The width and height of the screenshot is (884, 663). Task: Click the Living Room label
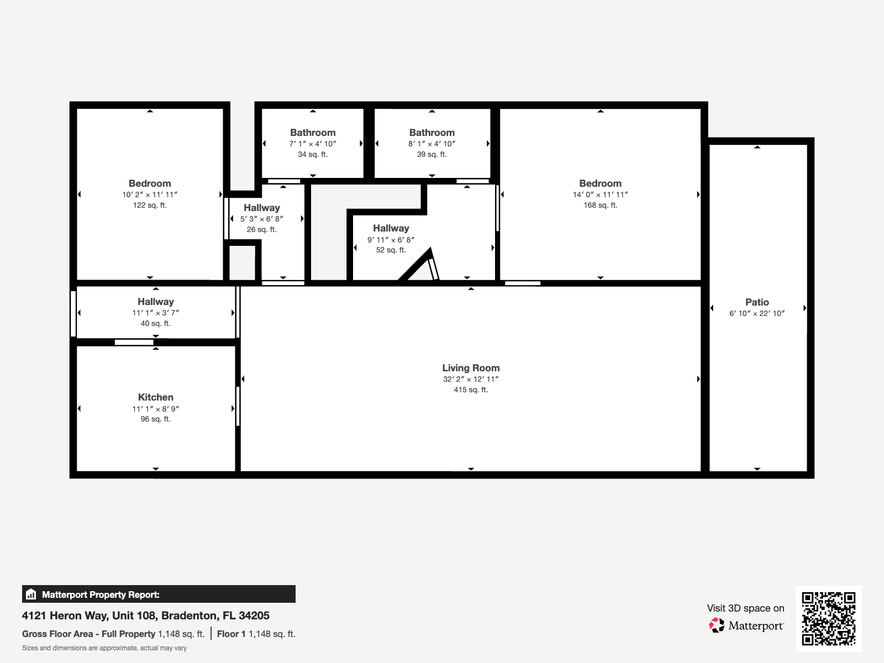[471, 368]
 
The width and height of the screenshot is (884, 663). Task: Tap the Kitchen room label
[156, 397]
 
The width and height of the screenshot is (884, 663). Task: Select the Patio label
[757, 302]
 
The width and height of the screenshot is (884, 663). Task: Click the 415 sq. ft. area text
[471, 390]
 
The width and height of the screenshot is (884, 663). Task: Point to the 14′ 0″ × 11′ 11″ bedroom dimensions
[600, 194]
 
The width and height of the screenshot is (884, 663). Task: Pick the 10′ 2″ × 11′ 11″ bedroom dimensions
[150, 194]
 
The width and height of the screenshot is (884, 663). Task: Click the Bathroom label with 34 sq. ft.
[313, 133]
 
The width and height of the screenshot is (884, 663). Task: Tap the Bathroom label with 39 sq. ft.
[432, 133]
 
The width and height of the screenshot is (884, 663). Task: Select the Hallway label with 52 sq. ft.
[391, 228]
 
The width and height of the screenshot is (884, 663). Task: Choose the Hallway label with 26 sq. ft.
[262, 208]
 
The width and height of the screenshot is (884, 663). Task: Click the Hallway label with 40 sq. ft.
[156, 302]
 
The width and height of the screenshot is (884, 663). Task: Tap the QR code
[828, 618]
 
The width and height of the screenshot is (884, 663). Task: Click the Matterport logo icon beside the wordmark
[717, 625]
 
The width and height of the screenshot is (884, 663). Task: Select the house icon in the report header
[31, 594]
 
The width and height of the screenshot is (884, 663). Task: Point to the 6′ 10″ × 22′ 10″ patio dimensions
[757, 313]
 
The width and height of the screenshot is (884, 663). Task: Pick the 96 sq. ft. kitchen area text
[156, 419]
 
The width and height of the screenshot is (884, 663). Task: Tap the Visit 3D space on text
[745, 608]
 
